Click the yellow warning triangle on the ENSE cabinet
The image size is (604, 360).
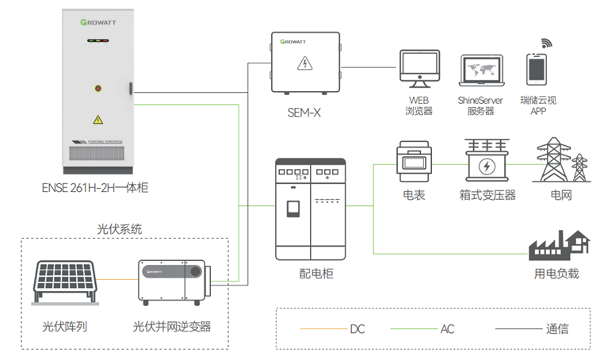click(x=97, y=120)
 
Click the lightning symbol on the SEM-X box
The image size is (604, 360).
click(x=304, y=63)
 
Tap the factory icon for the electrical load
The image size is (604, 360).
click(x=559, y=245)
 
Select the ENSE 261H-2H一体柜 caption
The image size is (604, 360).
click(x=95, y=188)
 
